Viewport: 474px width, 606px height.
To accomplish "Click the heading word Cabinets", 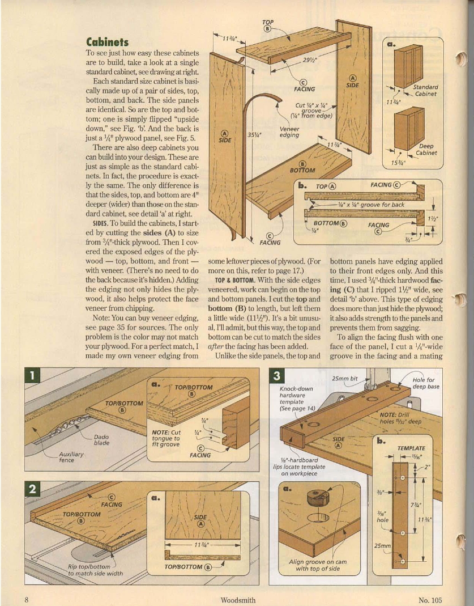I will [x=107, y=42].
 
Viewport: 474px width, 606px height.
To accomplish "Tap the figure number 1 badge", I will [x=33, y=375].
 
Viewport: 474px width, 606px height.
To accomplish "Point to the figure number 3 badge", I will [x=276, y=375].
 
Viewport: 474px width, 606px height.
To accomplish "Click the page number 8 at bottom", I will [x=27, y=600].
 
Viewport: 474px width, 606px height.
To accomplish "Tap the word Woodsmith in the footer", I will [x=238, y=600].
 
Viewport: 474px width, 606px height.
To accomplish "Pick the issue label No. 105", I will [x=430, y=600].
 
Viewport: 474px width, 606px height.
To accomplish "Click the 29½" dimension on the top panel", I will [x=310, y=60].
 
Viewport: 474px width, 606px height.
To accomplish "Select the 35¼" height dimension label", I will [x=254, y=135].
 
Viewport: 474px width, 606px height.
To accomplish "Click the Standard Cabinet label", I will [x=425, y=91].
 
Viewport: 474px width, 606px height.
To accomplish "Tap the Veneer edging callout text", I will [x=289, y=132].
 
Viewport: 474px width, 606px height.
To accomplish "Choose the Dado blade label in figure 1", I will [x=102, y=440].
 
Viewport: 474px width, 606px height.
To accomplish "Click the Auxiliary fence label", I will [x=71, y=457].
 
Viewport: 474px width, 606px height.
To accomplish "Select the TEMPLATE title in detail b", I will [x=411, y=448].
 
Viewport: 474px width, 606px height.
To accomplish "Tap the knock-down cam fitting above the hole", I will [x=317, y=499].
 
